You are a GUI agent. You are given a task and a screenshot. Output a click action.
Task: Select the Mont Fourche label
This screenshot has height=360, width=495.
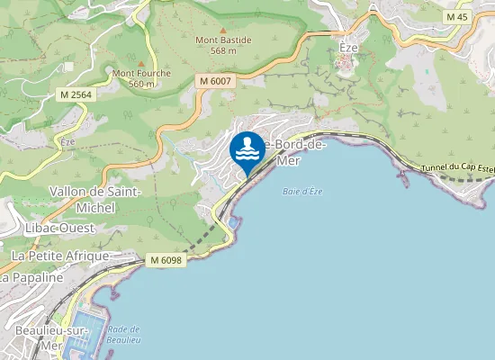point(134,77)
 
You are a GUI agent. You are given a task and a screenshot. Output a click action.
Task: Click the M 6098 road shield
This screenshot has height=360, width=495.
point(166,260)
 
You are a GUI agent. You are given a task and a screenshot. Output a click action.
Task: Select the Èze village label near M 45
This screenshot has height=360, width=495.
point(348,46)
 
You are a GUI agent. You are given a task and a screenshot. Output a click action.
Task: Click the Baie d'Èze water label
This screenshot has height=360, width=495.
point(301,192)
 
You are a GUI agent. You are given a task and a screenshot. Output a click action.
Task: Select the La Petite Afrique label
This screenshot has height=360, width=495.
point(59,256)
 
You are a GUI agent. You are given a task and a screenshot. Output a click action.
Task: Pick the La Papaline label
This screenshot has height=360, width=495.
point(32,278)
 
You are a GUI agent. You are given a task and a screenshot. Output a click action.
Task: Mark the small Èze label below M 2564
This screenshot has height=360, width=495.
point(66,141)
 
